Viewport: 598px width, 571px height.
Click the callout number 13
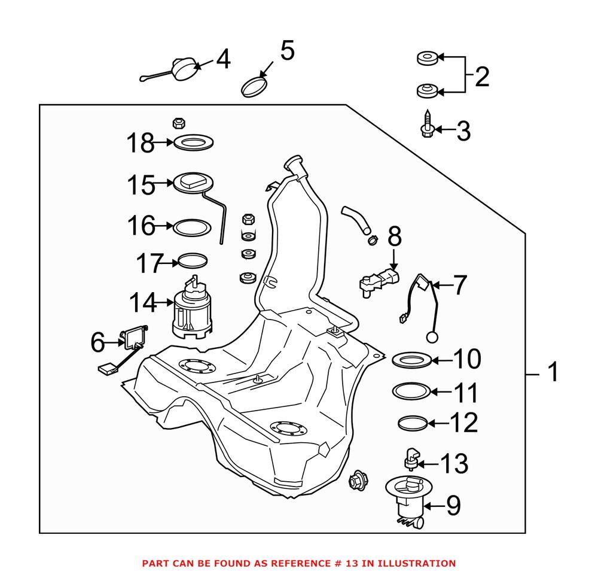[454, 463]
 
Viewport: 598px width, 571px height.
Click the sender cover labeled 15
[193, 183]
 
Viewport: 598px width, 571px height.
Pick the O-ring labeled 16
[191, 227]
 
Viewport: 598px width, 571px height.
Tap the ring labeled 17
[194, 261]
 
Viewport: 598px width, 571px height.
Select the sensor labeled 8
[377, 281]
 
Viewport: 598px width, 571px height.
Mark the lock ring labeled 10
[411, 360]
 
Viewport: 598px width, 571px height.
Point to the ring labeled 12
[413, 423]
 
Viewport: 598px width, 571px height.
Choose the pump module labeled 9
[408, 502]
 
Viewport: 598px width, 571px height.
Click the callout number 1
[553, 372]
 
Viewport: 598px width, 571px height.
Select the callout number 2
[481, 77]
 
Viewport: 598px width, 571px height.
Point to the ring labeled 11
[412, 391]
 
